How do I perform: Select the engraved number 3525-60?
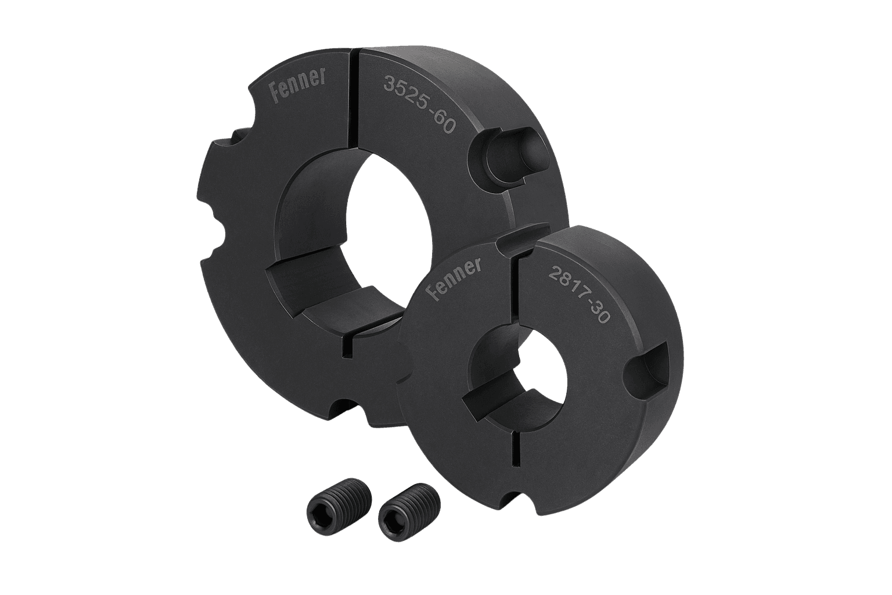pyautogui.click(x=419, y=104)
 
